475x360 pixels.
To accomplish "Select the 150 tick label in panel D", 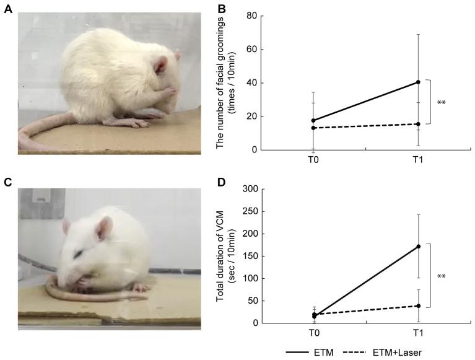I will click(x=250, y=255).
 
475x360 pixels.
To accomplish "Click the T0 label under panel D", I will click(x=315, y=333).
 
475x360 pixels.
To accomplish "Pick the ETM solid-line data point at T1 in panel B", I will click(x=419, y=82).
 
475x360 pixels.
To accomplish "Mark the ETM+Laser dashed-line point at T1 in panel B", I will click(x=419, y=124).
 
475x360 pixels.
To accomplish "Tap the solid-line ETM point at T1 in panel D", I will click(x=419, y=246).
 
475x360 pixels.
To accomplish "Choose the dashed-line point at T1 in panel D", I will click(x=419, y=305).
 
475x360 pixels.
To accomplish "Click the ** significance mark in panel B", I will click(x=442, y=103).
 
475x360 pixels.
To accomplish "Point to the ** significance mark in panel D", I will click(x=442, y=276).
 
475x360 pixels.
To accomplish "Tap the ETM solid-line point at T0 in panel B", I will click(x=315, y=120).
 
